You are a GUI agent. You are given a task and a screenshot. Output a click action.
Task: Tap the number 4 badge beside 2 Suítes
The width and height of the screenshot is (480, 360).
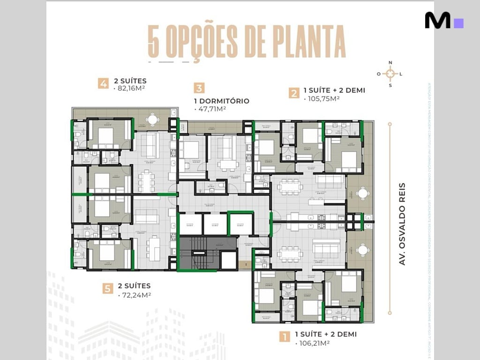click(103, 84)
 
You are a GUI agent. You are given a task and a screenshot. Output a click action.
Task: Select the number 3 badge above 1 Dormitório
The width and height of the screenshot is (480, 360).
click(199, 88)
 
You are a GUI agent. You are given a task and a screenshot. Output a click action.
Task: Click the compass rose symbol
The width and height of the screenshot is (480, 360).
click(390, 74)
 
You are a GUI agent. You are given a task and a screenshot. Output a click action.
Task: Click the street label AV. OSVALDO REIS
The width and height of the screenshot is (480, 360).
click(402, 224)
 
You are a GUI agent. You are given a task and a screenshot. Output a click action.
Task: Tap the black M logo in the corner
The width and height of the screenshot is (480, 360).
click(437, 21)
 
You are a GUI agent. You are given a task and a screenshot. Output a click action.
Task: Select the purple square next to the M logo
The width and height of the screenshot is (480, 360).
click(459, 23)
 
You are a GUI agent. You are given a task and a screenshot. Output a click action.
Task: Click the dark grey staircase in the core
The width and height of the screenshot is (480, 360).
click(199, 253)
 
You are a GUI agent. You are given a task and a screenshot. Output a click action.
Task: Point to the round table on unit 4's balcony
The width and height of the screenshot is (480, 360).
click(152, 120)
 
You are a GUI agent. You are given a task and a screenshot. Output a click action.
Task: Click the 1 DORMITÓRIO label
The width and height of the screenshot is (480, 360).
click(221, 101)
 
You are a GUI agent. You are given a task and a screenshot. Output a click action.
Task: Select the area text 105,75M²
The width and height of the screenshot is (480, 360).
click(322, 99)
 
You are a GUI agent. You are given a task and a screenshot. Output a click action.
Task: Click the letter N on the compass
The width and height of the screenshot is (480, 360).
click(390, 63)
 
